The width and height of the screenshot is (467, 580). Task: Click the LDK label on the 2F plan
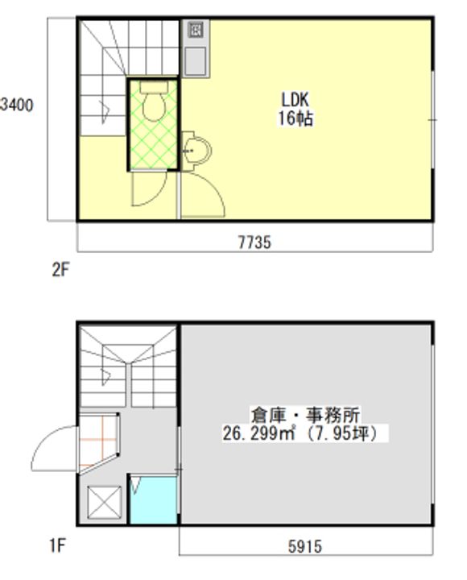tap(295, 100)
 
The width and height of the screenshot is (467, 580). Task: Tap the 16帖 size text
tap(295, 118)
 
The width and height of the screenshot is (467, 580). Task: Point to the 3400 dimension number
tap(17, 105)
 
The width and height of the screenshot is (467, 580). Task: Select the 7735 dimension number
tap(254, 242)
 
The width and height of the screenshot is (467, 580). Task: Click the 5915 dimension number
tap(304, 547)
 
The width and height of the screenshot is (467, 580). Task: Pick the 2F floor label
tap(61, 271)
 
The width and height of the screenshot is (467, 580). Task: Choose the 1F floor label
tap(56, 547)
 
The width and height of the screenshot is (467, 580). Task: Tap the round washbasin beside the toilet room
tap(195, 150)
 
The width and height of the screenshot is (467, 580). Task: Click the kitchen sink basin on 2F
tap(196, 59)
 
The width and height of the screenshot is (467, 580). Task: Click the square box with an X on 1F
tap(103, 505)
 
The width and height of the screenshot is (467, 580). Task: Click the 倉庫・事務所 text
tap(305, 416)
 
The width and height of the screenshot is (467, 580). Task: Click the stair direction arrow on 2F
tap(105, 109)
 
